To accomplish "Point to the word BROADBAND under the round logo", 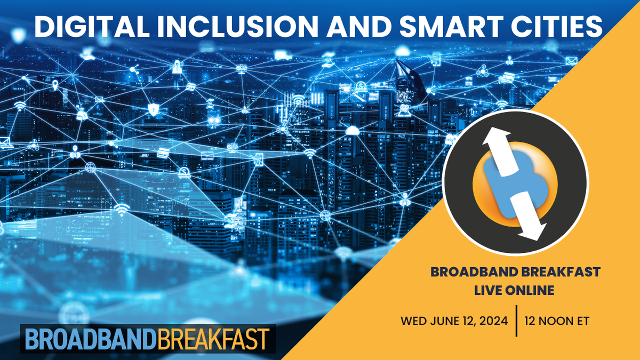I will [469, 273].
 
